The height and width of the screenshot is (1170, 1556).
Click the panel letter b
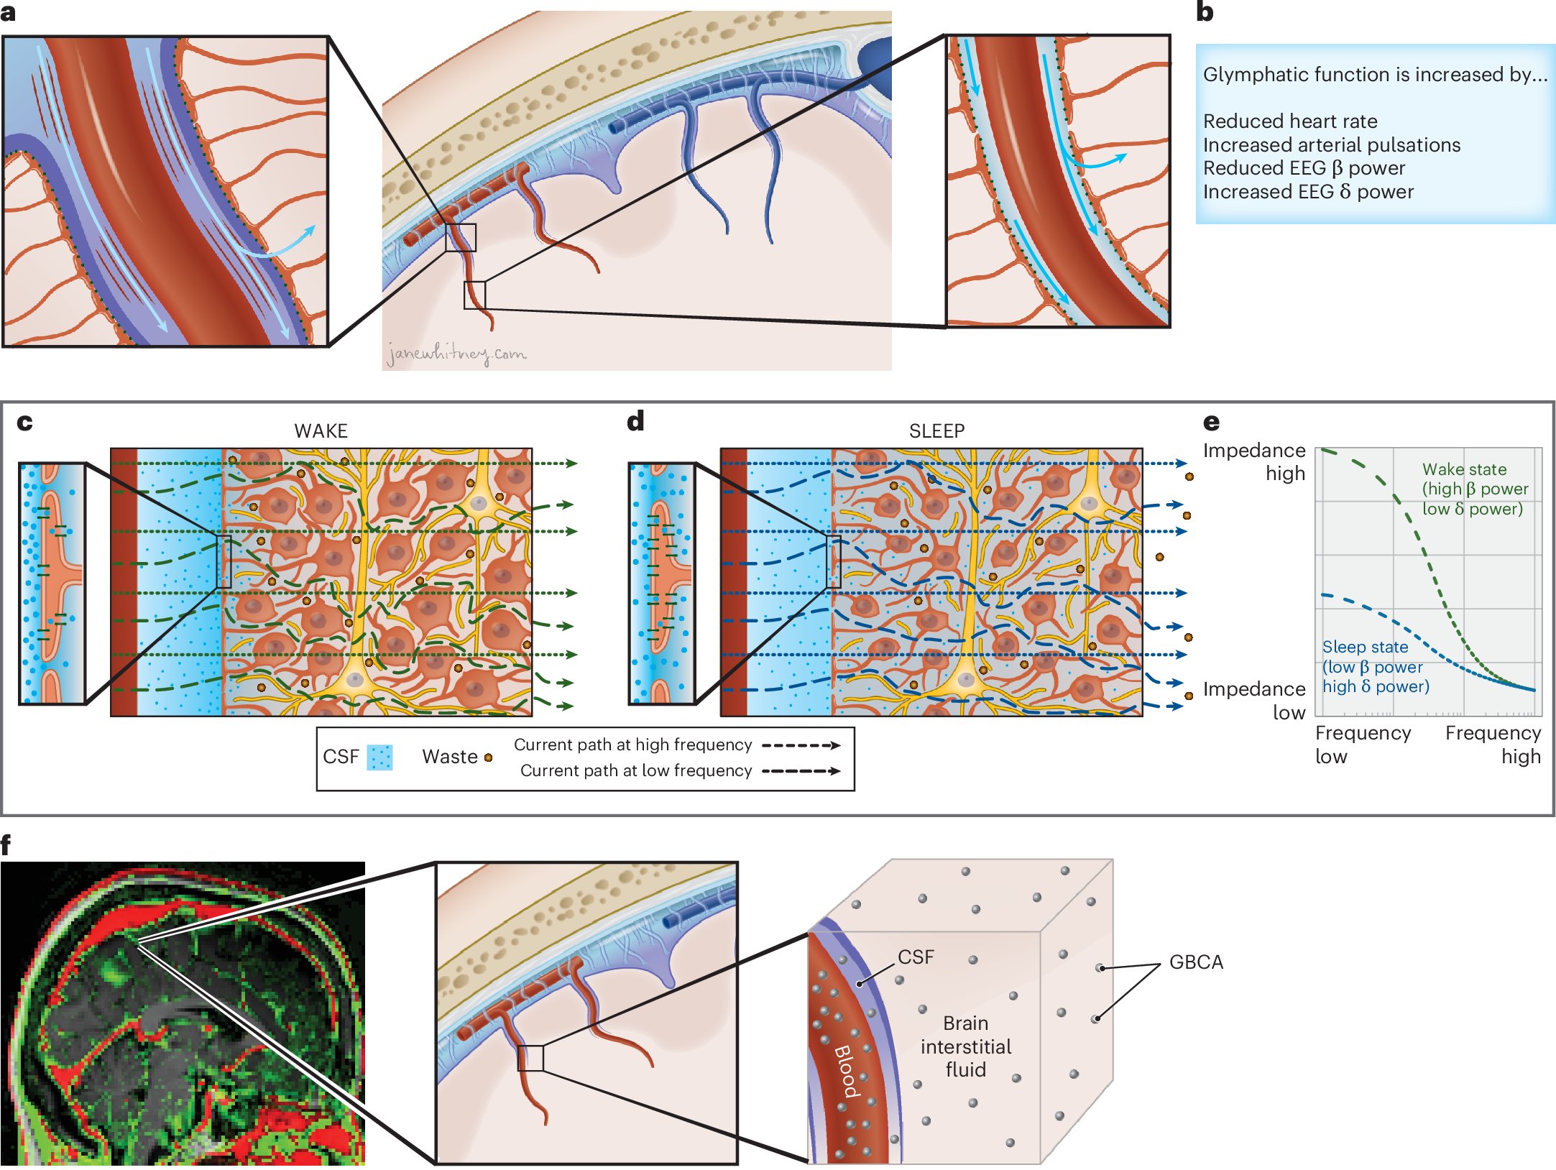[x=1205, y=12]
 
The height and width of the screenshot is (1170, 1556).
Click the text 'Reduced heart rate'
[x=1289, y=121]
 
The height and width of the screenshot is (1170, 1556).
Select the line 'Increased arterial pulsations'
[x=1331, y=144]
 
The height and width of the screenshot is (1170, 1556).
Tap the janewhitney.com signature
[x=456, y=354]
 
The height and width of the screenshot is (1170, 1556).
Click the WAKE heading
[x=321, y=430]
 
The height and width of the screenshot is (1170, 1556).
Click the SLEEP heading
[x=936, y=430]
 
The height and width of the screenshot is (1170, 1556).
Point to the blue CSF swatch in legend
[x=379, y=757]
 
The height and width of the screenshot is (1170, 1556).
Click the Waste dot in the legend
[x=489, y=757]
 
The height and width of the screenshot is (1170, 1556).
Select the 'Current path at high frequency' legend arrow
[x=801, y=745]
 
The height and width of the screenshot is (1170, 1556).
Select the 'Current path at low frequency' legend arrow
[x=801, y=771]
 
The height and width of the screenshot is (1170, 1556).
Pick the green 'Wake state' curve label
[x=1473, y=489]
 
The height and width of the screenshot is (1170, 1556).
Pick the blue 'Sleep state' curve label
[x=1374, y=666]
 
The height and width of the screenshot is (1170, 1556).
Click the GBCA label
[x=1196, y=962]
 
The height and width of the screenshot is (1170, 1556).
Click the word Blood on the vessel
[x=847, y=1071]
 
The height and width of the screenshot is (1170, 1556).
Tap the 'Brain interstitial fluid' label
[x=965, y=1046]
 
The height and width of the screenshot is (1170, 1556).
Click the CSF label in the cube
[x=916, y=957]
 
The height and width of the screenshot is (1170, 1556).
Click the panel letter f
[x=6, y=844]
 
